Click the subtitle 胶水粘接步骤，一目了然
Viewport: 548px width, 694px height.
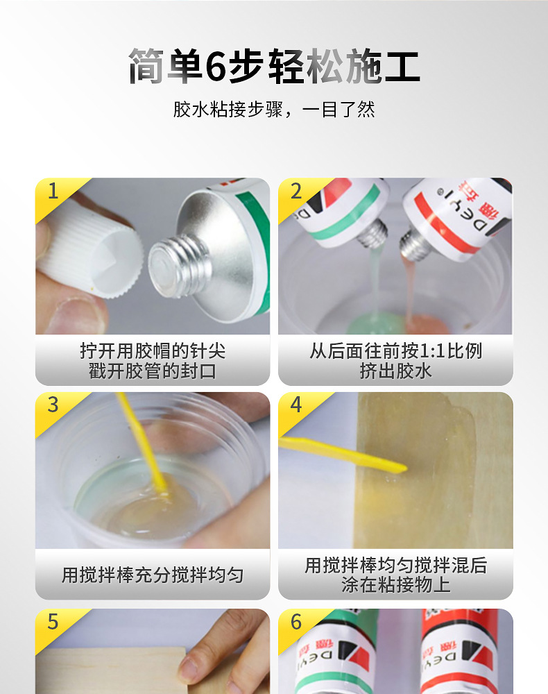pos(273,110)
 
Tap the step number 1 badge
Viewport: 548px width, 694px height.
pos(53,191)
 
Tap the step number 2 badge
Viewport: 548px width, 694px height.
pos(296,191)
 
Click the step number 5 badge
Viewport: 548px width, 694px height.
pos(53,622)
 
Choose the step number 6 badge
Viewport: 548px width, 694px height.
pos(296,622)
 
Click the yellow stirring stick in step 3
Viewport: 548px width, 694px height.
pos(142,444)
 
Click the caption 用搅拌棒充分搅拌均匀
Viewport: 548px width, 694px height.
pos(153,575)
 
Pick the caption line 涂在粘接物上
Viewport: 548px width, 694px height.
pos(395,585)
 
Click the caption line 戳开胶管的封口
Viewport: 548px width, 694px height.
pos(153,371)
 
